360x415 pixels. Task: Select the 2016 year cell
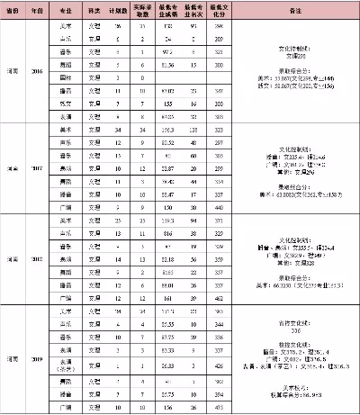tap(36, 70)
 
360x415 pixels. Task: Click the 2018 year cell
tap(36, 259)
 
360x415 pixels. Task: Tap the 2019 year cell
tap(36, 357)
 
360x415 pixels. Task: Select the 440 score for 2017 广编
tap(218, 207)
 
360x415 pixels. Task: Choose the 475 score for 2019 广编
tap(218, 407)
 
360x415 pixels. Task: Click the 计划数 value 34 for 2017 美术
tap(118, 130)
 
